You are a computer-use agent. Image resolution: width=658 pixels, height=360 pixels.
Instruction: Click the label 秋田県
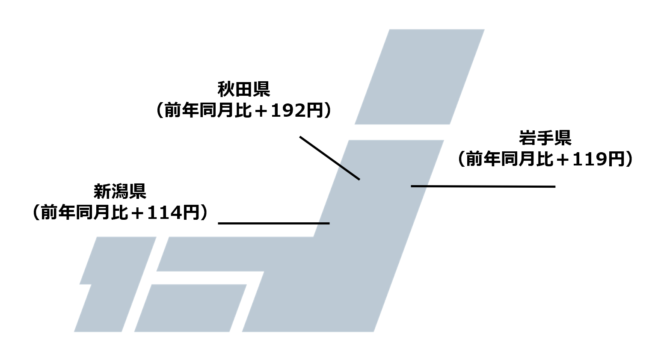243,90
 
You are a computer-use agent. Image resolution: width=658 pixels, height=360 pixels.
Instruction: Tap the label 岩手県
545,138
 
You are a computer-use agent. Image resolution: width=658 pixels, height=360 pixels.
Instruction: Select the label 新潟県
120,191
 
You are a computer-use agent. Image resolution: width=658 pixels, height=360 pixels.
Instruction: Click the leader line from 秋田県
329,158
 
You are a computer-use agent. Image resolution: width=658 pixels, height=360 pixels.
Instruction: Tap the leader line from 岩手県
483,186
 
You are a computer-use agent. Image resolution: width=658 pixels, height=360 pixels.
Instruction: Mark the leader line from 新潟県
274,223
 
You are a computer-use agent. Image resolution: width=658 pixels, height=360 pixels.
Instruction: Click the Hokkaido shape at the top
419,77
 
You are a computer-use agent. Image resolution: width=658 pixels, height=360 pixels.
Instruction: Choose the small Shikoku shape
190,308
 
